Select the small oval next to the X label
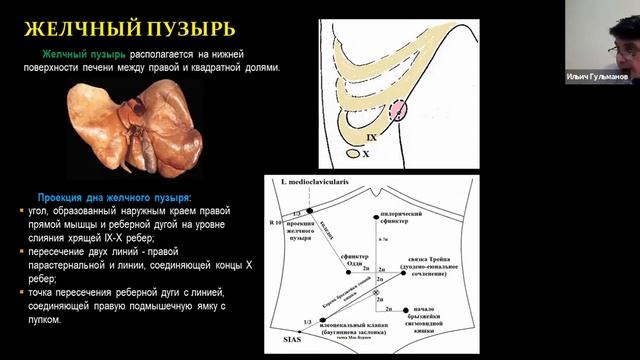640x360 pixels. (x=353, y=154)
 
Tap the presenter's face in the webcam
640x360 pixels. (x=612, y=40)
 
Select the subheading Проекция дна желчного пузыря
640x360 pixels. (x=116, y=197)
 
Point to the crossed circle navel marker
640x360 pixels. (x=376, y=292)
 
